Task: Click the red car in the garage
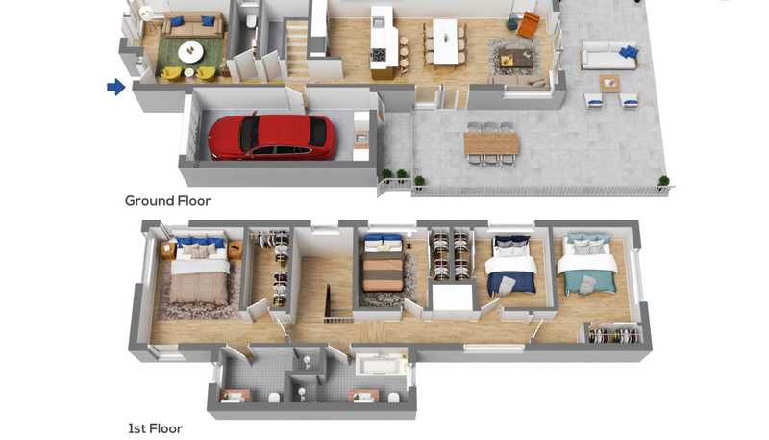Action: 273,138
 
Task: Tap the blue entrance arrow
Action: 116,87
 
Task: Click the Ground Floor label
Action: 167,201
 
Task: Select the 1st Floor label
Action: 155,428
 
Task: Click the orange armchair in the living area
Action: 528,25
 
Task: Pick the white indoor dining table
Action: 445,40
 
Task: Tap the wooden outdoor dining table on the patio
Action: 491,143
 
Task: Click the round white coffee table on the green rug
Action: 190,52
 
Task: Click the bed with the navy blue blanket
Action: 511,266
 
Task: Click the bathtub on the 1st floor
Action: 382,365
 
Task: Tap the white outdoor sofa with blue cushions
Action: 609,56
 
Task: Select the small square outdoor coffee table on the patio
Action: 609,84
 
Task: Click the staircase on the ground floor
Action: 297,48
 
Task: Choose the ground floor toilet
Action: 251,20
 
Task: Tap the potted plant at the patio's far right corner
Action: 663,182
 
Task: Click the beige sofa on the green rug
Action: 192,26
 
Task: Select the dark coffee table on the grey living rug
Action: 515,59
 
